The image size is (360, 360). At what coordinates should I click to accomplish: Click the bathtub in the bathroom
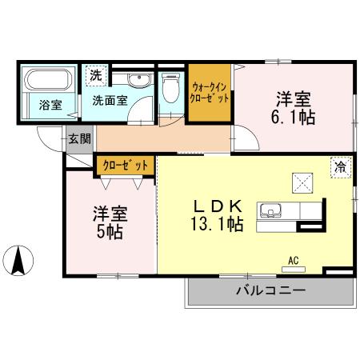47,82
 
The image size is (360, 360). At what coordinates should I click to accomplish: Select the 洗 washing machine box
96,76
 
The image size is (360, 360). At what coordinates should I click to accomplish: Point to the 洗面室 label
110,101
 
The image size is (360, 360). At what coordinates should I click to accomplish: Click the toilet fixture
169,88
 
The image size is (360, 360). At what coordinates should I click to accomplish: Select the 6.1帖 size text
293,117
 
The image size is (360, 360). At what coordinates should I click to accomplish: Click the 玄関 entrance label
79,138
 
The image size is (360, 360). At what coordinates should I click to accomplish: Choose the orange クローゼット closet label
126,166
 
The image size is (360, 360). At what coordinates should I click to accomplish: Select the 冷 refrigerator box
341,167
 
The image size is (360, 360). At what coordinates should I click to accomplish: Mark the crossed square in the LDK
303,183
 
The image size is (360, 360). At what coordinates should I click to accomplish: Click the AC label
294,258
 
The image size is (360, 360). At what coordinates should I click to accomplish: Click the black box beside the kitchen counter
307,226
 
